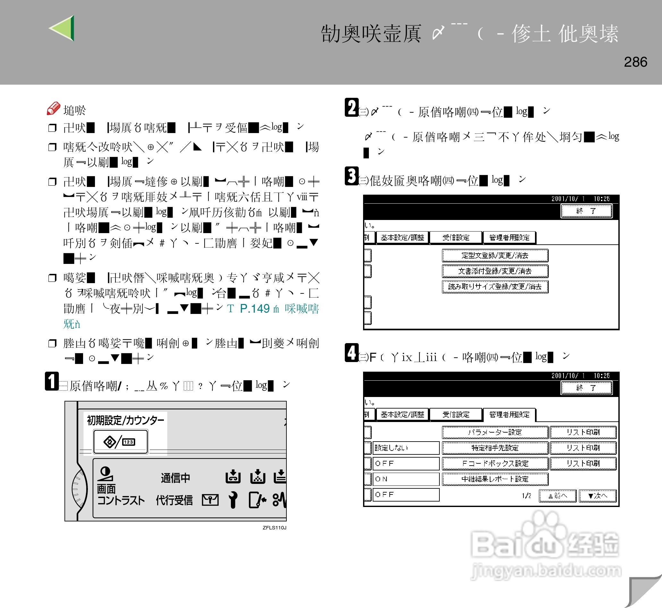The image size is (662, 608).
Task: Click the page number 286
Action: click(635, 62)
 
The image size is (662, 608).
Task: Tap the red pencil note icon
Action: click(53, 108)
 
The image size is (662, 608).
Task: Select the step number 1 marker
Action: click(52, 381)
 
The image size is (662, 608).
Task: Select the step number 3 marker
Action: click(352, 176)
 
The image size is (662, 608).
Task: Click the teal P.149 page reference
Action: click(254, 308)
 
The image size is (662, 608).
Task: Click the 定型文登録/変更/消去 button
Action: click(495, 255)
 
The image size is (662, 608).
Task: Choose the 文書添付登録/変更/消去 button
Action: click(495, 271)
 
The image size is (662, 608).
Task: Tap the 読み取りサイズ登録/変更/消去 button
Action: click(495, 287)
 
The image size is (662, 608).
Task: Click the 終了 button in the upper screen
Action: click(586, 211)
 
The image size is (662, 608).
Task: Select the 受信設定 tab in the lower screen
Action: click(456, 415)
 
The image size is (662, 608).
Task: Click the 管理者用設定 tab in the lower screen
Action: click(509, 415)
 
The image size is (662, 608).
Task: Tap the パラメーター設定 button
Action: click(495, 432)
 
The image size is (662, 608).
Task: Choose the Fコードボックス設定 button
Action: click(495, 464)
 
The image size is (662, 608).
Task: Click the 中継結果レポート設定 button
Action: click(495, 479)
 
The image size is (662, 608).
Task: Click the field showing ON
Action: click(405, 479)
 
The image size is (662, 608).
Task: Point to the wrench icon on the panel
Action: click(233, 500)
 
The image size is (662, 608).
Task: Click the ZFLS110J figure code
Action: click(274, 528)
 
